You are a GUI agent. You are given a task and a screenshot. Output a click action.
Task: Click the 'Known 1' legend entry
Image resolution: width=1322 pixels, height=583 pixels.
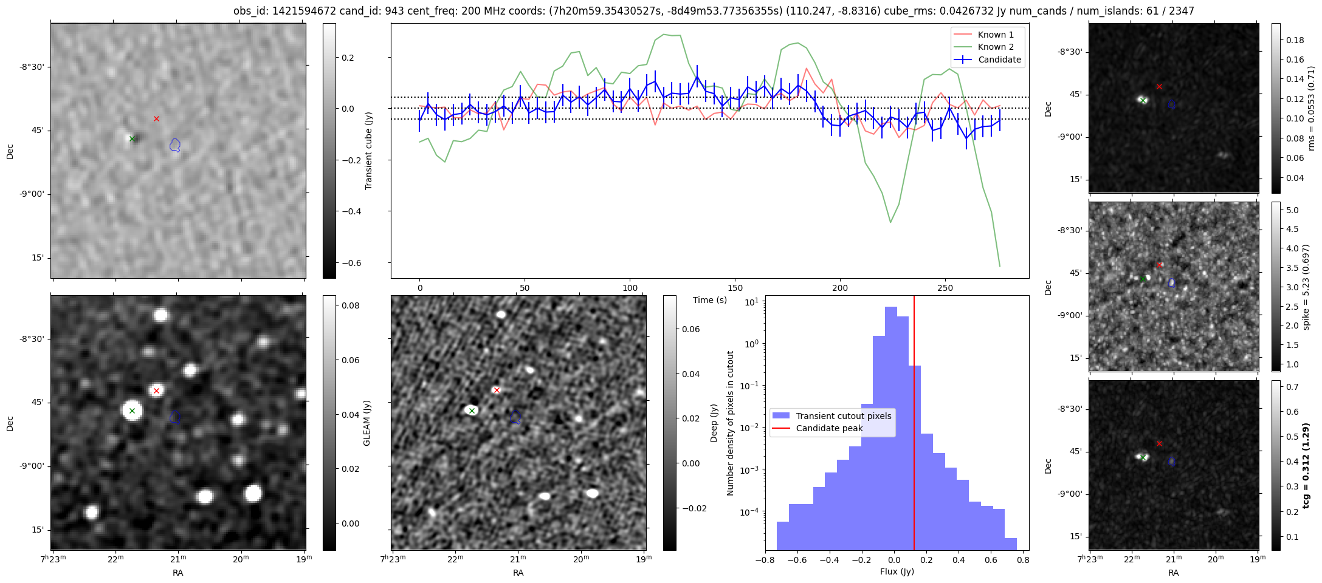pos(996,35)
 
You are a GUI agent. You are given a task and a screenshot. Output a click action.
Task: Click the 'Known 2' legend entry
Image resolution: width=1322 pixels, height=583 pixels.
pos(996,47)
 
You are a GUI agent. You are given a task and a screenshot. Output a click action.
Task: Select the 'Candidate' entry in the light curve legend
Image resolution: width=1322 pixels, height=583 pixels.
pos(999,60)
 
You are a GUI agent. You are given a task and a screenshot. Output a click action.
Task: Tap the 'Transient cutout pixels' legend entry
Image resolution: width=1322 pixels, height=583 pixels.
pos(844,416)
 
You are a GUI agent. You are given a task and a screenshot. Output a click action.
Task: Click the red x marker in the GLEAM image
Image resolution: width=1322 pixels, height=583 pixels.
pos(156,390)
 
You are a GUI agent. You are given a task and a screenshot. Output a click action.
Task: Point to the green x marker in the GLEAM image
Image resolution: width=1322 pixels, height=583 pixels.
pos(132,411)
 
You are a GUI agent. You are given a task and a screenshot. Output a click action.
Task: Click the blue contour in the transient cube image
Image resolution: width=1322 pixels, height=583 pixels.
pos(175,145)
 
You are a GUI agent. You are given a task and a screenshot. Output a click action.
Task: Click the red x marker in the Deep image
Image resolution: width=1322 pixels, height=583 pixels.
pos(497,390)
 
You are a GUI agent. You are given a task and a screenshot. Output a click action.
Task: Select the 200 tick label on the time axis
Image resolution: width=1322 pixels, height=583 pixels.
pos(840,287)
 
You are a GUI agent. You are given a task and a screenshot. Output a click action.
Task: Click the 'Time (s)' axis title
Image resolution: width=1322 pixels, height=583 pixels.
pos(710,300)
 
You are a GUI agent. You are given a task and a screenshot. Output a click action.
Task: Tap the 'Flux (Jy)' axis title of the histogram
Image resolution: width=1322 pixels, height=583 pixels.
pos(897,571)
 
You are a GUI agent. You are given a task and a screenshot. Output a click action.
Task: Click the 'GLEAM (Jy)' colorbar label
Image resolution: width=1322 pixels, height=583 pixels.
pos(367,423)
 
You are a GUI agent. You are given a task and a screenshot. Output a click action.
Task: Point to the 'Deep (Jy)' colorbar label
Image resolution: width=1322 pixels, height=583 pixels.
pos(714,423)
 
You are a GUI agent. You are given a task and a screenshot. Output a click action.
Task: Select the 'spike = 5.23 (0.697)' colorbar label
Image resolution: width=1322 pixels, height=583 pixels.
pos(1306,287)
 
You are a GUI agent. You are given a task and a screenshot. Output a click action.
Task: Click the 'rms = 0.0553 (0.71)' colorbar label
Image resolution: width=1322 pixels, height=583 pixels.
pos(1311,108)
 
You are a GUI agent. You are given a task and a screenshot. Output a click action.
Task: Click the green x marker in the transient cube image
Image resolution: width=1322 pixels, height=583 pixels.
pos(132,138)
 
